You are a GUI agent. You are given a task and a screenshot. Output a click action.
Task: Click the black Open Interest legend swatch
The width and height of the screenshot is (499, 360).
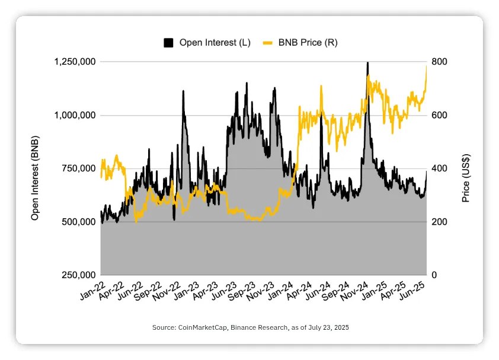[168, 43]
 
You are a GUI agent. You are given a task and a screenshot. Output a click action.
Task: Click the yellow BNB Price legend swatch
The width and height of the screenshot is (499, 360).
[267, 43]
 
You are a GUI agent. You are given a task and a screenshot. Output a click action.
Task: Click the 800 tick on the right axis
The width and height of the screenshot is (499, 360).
[439, 62]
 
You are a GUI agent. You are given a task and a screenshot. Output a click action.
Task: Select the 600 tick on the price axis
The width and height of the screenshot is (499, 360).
[439, 115]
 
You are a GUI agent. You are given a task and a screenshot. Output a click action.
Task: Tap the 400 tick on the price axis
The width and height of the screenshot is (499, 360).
[439, 168]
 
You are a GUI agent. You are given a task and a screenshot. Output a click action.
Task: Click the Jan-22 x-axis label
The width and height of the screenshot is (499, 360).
[93, 291]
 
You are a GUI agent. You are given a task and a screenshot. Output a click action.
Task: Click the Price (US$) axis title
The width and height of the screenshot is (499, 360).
[466, 178]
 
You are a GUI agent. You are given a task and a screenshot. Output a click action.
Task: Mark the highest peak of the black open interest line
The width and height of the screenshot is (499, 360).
[368, 63]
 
